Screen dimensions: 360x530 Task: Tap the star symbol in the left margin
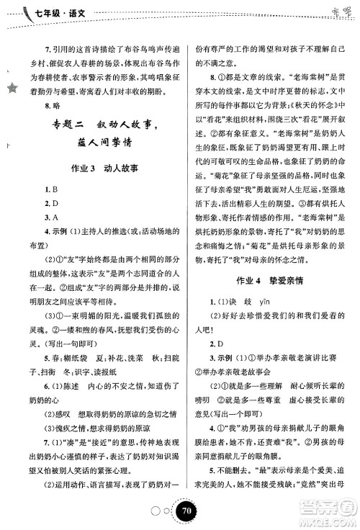(11, 87)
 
